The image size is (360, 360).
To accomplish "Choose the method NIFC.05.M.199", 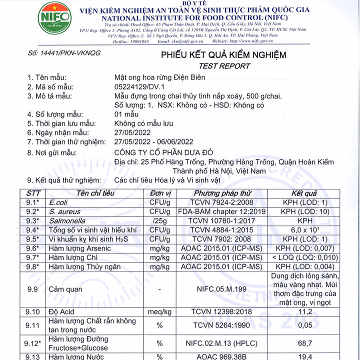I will pos(221,289).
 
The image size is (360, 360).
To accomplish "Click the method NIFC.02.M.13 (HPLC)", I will pos(221,343).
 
